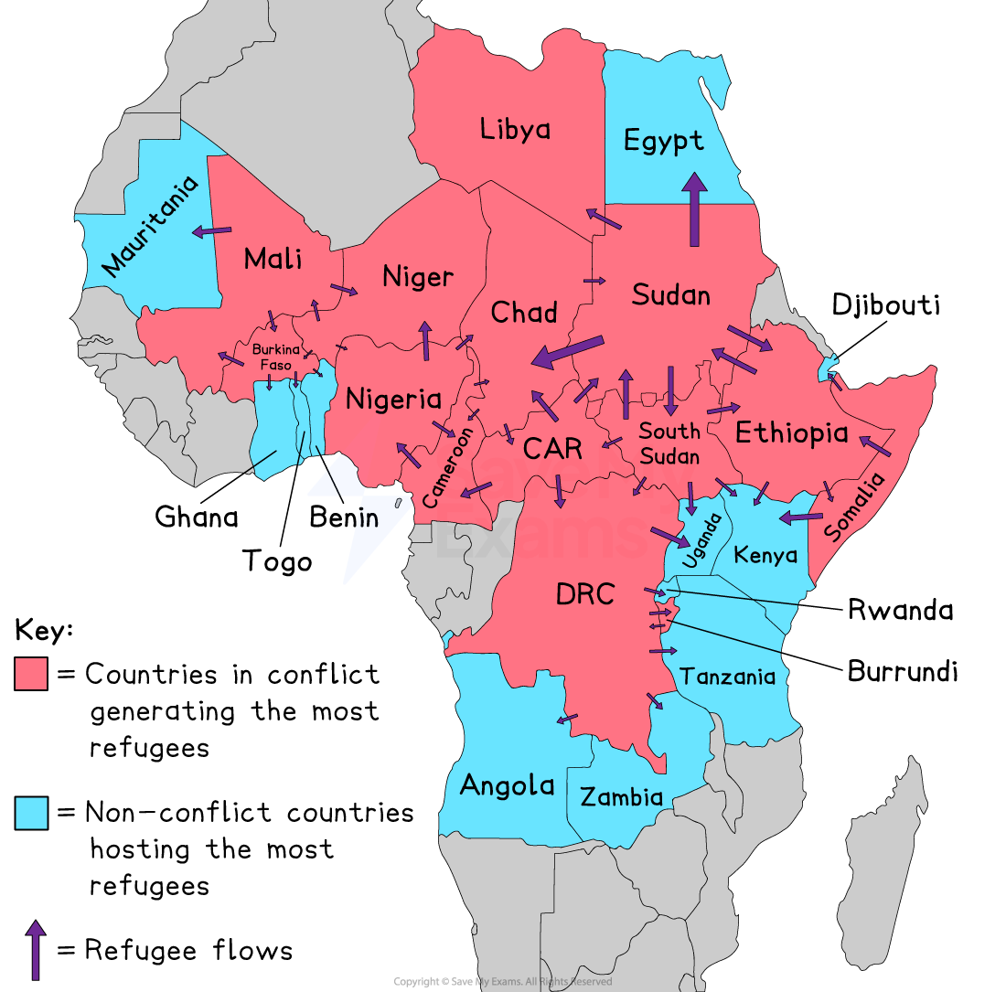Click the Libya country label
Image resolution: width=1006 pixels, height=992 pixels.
click(515, 129)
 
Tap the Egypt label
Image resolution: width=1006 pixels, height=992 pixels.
click(664, 141)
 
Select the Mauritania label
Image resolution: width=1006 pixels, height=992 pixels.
click(150, 226)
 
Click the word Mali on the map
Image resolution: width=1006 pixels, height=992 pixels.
click(273, 259)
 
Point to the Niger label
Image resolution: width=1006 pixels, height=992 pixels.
click(418, 276)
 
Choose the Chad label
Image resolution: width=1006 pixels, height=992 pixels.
click(524, 313)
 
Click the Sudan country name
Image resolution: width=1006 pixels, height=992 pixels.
click(670, 294)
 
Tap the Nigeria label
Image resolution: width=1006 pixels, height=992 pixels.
click(393, 399)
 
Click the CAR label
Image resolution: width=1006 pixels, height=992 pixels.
click(552, 449)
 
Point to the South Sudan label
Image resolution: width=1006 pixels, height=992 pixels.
click(669, 443)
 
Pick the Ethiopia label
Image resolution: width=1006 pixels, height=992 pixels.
click(792, 432)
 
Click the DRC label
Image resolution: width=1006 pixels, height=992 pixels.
click(585, 594)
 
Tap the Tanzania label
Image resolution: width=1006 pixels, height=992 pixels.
click(728, 677)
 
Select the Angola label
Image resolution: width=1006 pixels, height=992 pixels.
click(507, 784)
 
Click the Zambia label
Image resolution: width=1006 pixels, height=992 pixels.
click(621, 796)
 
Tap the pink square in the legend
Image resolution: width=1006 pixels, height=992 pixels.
click(31, 673)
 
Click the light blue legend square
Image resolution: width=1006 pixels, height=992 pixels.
click(31, 813)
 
